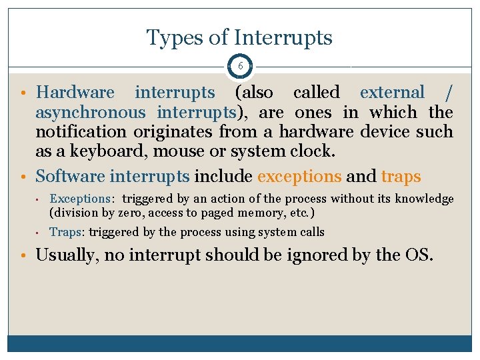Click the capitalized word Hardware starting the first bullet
(x=75, y=93)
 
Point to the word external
(x=391, y=93)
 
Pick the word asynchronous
(x=90, y=112)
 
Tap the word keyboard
(x=103, y=151)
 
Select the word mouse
(x=179, y=151)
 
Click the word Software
(x=70, y=177)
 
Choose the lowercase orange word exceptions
(x=299, y=177)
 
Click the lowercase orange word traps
(x=401, y=177)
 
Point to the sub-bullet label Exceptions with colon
(x=81, y=199)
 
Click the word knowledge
(x=424, y=199)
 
